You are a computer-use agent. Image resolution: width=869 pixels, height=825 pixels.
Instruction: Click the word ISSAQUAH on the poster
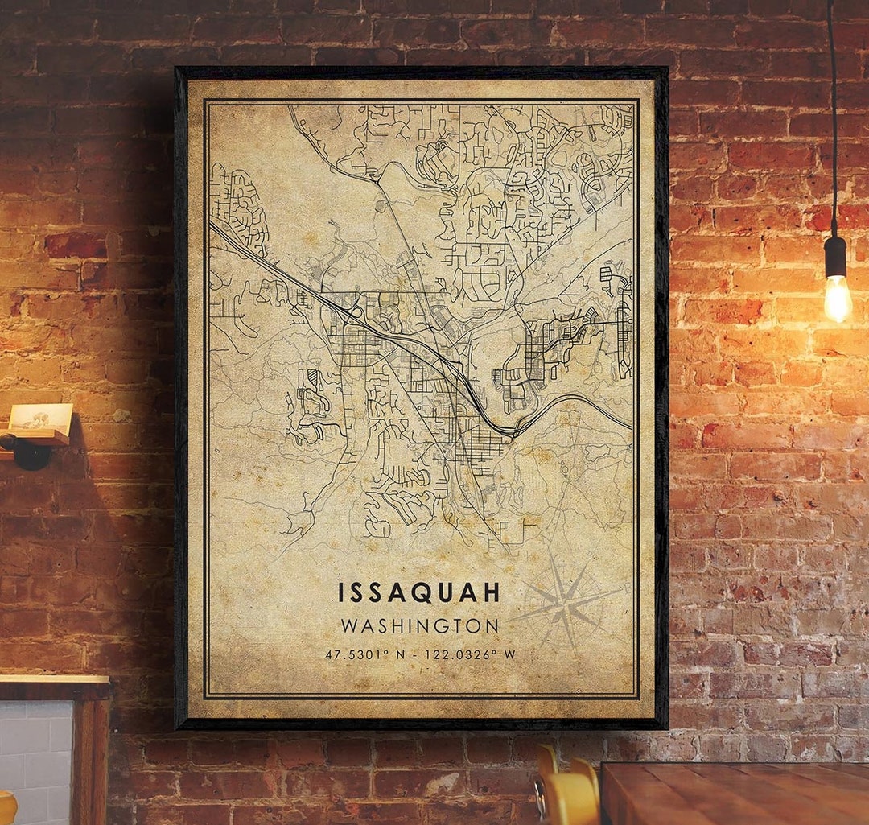click(x=419, y=592)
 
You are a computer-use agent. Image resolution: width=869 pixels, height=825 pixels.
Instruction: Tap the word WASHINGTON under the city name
click(x=419, y=625)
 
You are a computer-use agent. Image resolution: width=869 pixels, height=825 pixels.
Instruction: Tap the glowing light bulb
click(x=837, y=297)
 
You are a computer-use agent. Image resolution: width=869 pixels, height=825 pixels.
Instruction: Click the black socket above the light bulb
click(x=836, y=256)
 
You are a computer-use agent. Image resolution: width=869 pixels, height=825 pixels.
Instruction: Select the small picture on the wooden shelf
click(x=40, y=416)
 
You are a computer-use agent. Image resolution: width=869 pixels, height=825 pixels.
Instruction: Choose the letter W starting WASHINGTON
click(x=348, y=625)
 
